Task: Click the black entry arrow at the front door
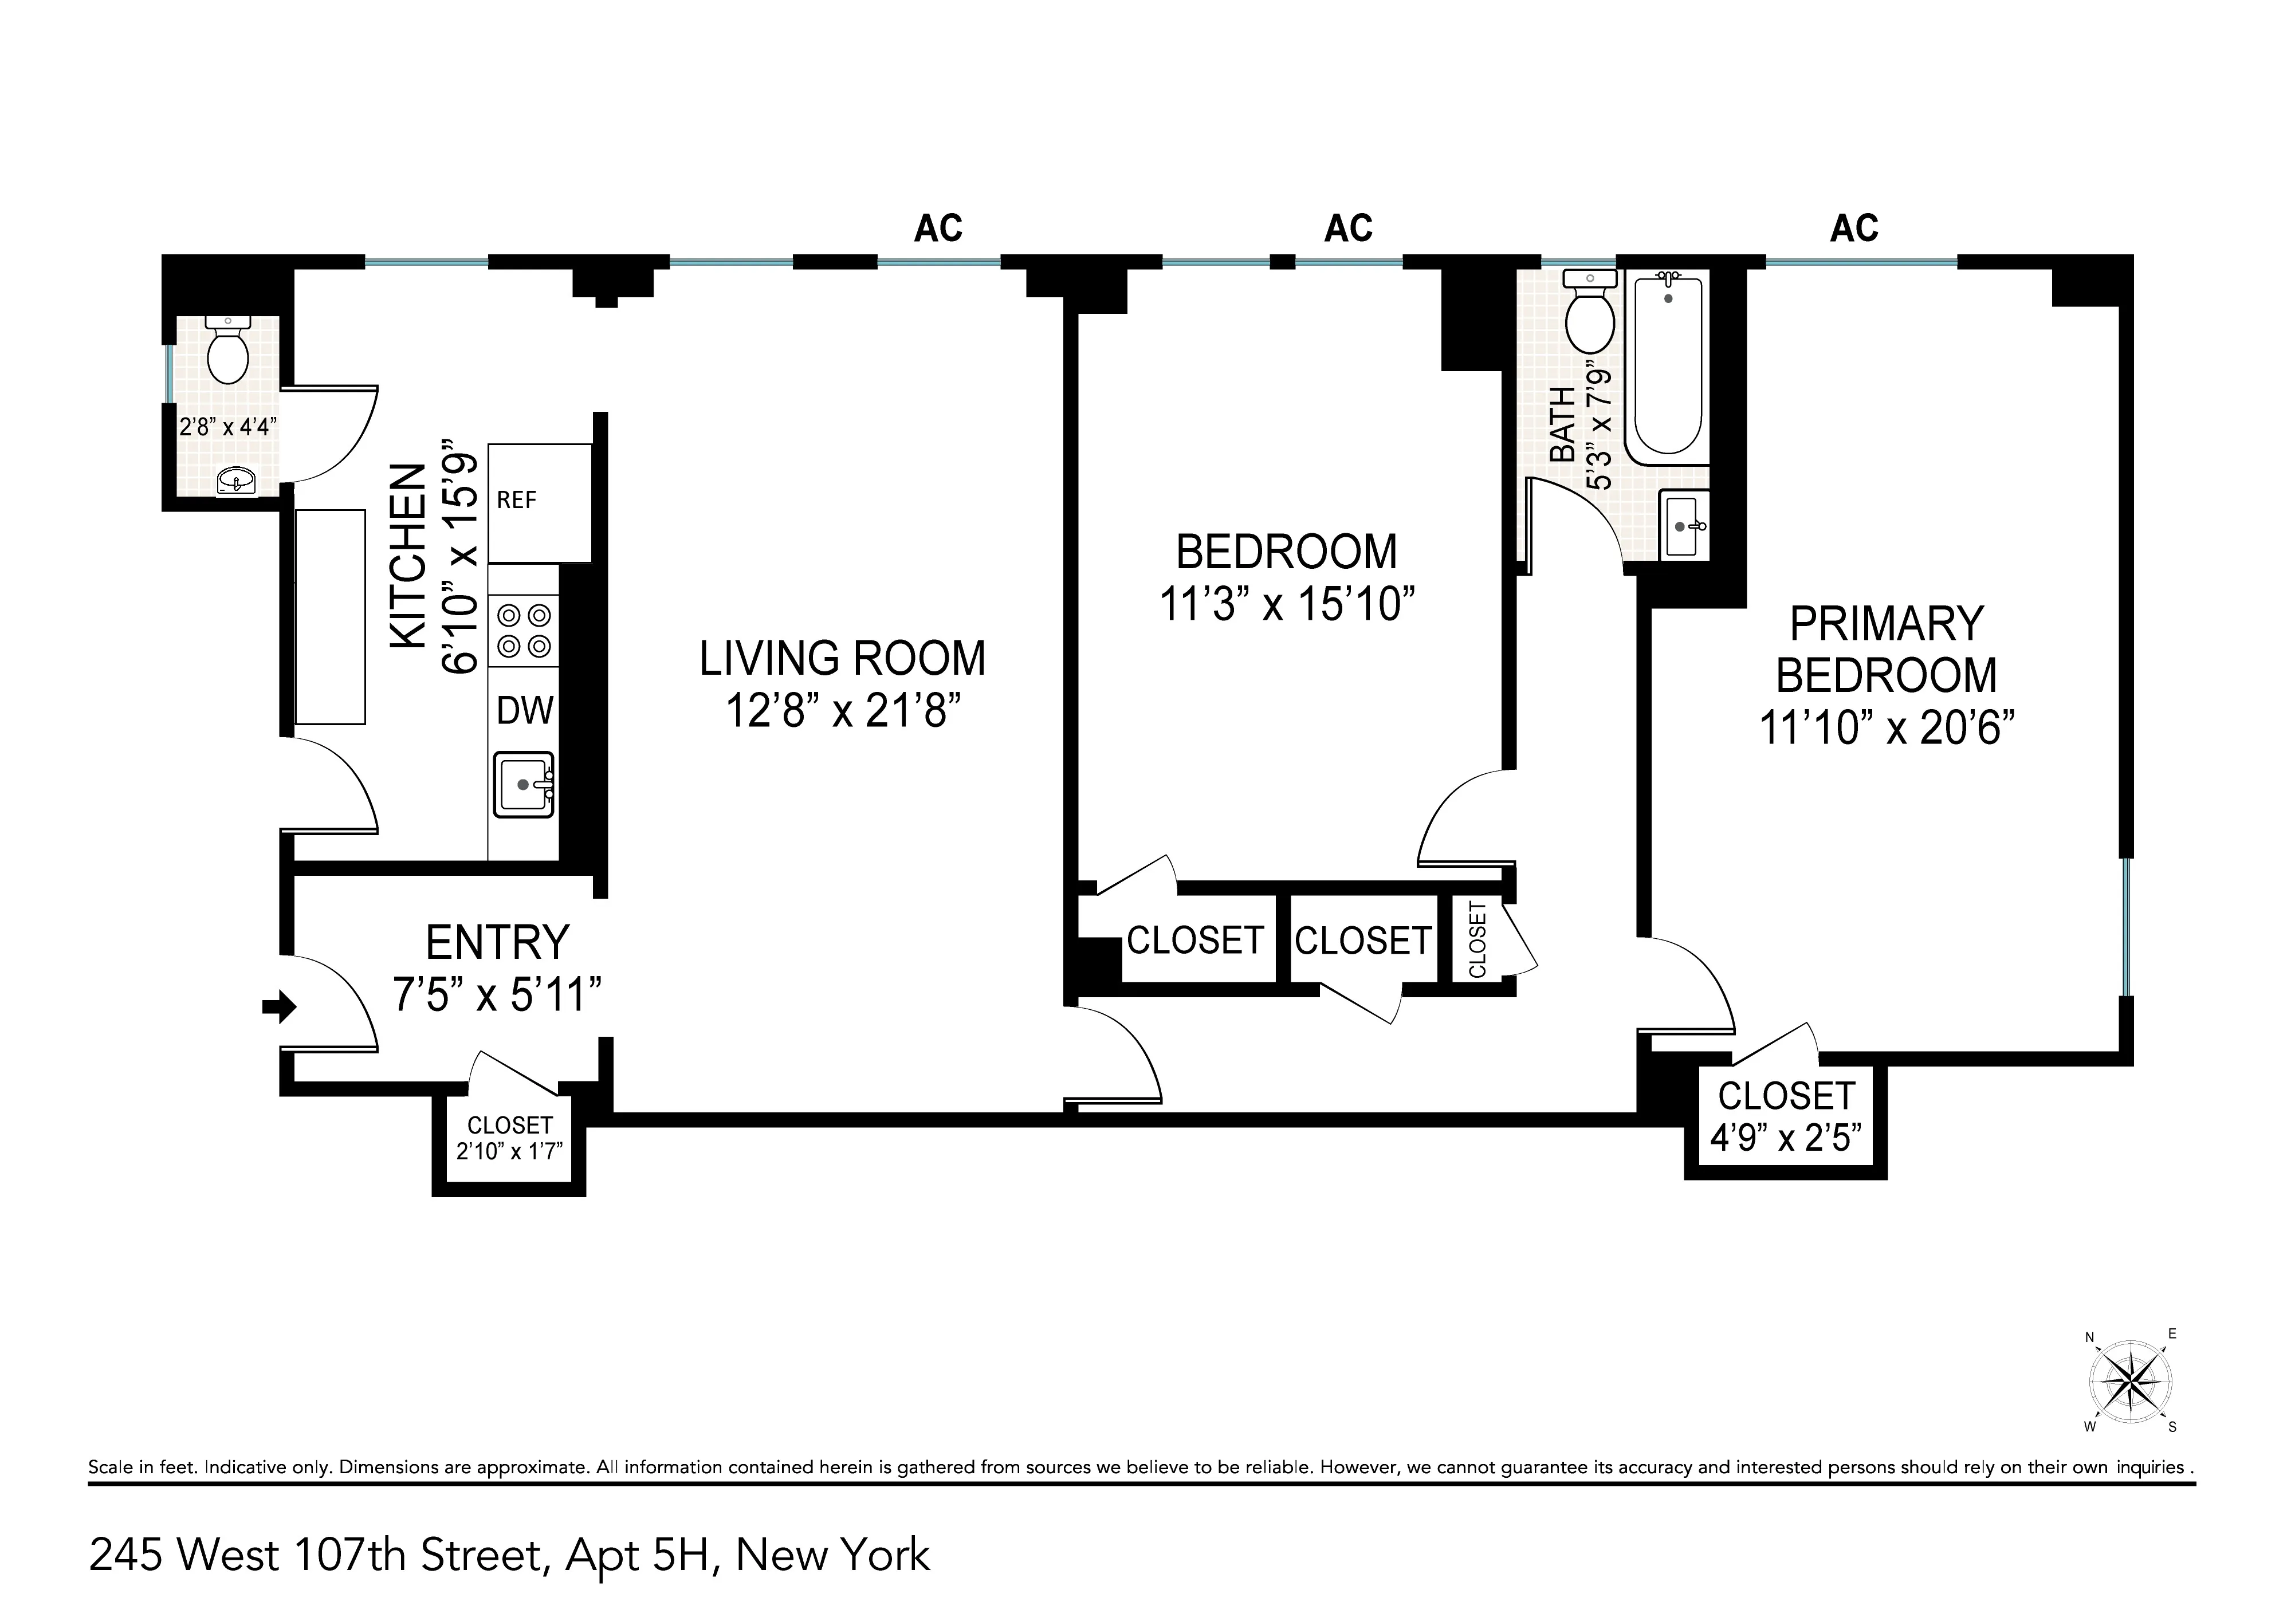click(x=281, y=1007)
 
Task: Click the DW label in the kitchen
click(x=524, y=711)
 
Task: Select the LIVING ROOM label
click(x=842, y=659)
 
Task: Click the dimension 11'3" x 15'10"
click(x=1287, y=604)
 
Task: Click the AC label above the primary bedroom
click(x=1854, y=229)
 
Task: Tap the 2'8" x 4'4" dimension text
click(x=227, y=427)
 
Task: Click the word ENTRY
click(x=497, y=942)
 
